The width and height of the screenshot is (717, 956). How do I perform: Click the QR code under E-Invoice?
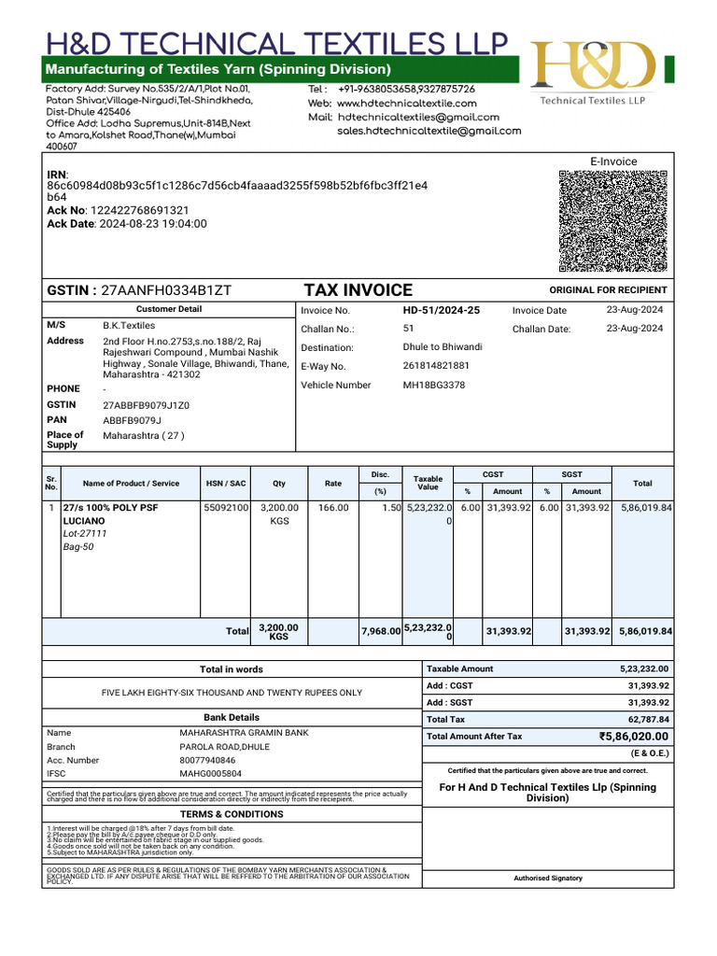[x=612, y=221]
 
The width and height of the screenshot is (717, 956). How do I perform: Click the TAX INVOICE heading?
[x=358, y=290]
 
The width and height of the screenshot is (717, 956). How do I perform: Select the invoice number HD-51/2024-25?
[x=441, y=310]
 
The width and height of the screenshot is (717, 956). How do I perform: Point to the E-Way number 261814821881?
[x=436, y=366]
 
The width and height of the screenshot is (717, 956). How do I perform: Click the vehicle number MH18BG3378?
[x=433, y=385]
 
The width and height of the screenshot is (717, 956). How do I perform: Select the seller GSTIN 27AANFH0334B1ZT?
[x=165, y=290]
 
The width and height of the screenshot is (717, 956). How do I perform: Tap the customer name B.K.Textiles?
[x=129, y=326]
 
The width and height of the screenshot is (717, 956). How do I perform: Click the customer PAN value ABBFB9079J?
[x=132, y=420]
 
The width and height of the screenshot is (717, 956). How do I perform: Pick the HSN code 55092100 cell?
[x=226, y=508]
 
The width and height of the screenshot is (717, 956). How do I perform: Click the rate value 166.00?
[x=333, y=508]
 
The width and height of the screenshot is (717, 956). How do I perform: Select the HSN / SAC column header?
[x=226, y=484]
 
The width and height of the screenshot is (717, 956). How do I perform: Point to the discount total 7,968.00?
[x=381, y=632]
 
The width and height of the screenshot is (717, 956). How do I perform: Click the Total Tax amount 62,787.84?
[x=648, y=720]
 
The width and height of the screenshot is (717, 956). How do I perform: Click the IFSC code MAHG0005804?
[x=210, y=774]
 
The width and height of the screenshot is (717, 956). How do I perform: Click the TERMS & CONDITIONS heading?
[x=232, y=814]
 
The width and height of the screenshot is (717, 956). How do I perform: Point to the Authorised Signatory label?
[x=547, y=878]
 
